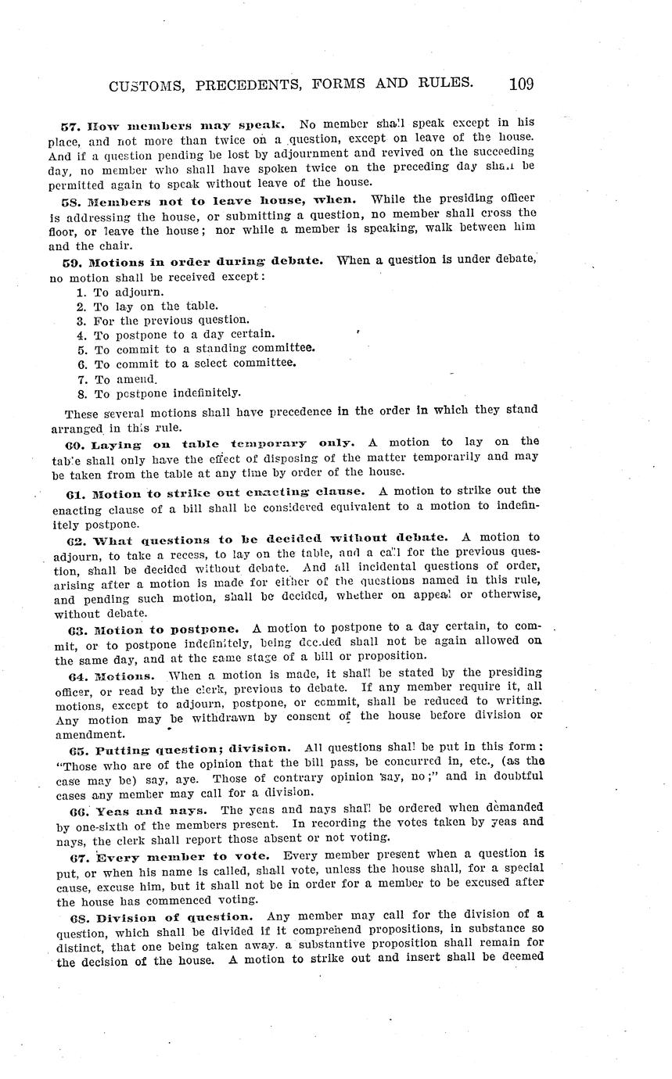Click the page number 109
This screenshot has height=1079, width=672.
coord(520,83)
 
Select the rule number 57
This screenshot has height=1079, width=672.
coord(69,124)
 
